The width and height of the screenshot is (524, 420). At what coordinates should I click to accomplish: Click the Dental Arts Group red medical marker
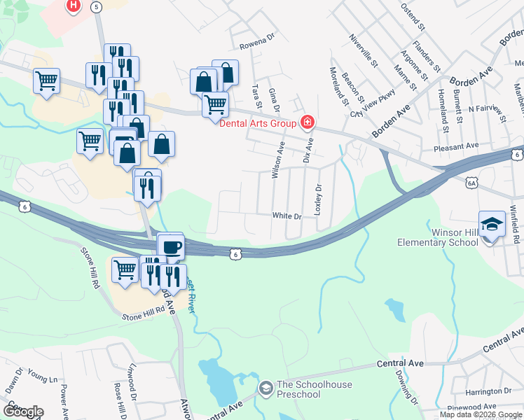pos(307,124)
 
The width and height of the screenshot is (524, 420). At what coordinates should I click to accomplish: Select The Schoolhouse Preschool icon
pos(266,388)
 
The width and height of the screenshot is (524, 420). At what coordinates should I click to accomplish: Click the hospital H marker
pos(73,6)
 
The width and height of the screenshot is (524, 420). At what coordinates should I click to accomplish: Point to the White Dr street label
pos(287,216)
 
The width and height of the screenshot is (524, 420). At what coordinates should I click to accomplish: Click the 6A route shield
pos(471,183)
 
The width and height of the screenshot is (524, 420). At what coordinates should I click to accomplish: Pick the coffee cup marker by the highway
pos(172,247)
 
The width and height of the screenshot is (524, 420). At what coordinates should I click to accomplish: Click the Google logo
pos(22,411)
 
